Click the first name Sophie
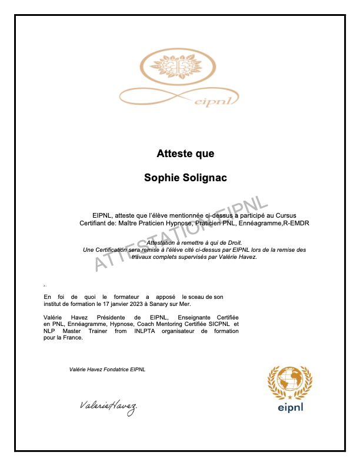160,178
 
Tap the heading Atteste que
185,154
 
